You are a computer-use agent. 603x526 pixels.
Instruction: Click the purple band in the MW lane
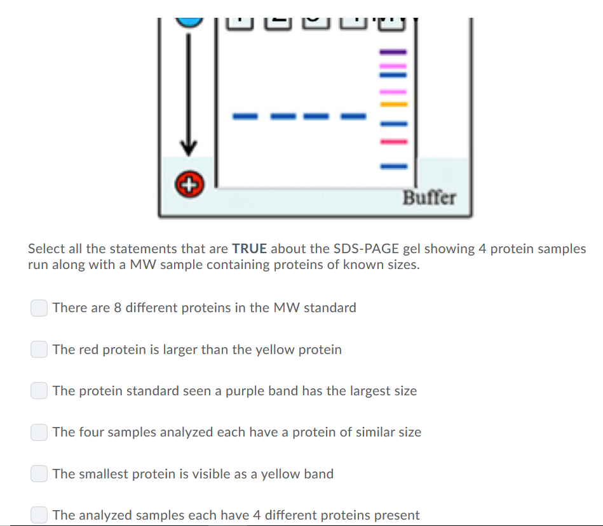pos(393,51)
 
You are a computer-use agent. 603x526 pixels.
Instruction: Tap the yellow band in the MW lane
pos(393,103)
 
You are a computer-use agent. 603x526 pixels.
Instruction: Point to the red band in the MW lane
pos(393,141)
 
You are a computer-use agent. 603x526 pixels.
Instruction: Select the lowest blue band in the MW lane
pos(393,167)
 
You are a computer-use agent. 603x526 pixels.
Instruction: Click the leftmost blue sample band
pos(244,116)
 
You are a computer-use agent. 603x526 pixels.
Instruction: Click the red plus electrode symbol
pos(187,185)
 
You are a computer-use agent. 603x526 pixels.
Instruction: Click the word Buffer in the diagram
pos(430,197)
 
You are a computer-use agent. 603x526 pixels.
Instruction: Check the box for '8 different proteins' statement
pos(39,308)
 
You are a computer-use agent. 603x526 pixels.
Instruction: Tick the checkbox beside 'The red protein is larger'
pos(39,350)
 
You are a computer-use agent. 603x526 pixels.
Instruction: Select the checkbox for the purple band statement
pos(39,391)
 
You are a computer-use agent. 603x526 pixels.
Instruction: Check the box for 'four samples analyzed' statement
pos(39,432)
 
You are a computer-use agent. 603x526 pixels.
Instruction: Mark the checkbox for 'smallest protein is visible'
pos(39,474)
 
